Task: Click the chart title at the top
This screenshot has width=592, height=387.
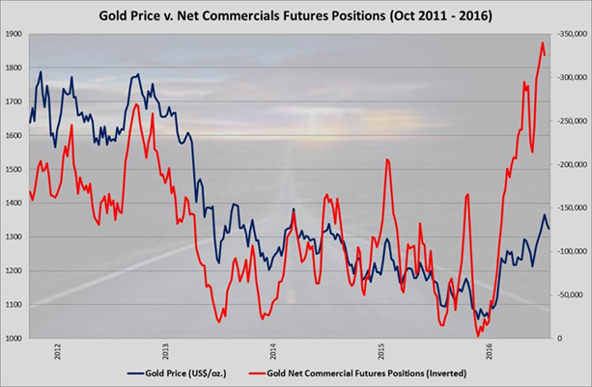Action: click(x=295, y=15)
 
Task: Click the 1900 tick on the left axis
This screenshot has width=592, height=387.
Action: click(x=14, y=34)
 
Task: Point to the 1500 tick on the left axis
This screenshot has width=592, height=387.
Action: click(x=14, y=169)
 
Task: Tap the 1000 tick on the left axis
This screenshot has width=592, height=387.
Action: click(x=14, y=339)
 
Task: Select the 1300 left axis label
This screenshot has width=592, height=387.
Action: click(x=14, y=237)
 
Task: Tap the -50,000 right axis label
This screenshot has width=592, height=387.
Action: click(x=570, y=295)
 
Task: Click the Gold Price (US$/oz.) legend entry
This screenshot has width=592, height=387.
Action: click(x=180, y=372)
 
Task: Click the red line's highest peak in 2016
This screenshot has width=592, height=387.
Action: click(x=542, y=42)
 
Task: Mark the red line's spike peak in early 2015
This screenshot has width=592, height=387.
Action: click(x=387, y=158)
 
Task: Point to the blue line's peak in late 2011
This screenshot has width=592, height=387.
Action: click(x=41, y=72)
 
